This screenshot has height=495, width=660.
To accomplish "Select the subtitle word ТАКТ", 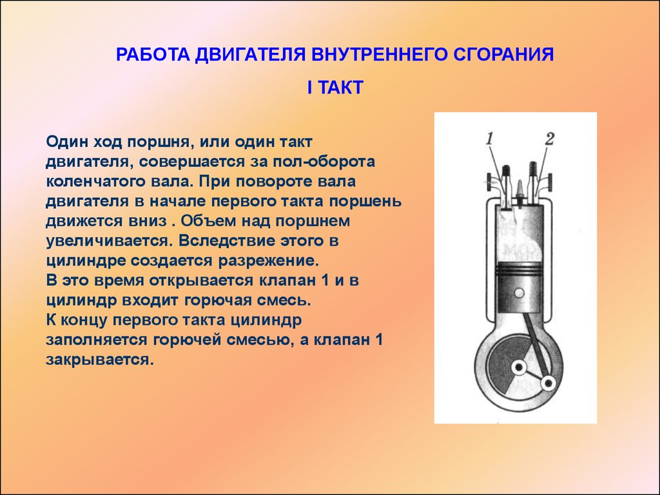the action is pyautogui.click(x=340, y=88).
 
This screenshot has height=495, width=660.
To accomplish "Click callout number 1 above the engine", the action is pyautogui.click(x=489, y=139).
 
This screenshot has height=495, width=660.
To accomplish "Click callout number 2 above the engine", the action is pyautogui.click(x=550, y=139).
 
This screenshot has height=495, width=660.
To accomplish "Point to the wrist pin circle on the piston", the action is pyautogui.click(x=519, y=293).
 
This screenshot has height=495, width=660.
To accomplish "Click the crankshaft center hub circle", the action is pyautogui.click(x=519, y=367).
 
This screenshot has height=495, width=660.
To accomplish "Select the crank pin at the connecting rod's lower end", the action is pyautogui.click(x=548, y=383).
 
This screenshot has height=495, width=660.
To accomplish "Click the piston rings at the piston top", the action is pyautogui.click(x=519, y=269).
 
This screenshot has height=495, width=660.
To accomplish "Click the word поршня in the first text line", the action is pyautogui.click(x=160, y=142).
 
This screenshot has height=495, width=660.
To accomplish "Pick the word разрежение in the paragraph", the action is pyautogui.click(x=269, y=261).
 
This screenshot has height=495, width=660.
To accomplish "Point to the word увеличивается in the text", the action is pyautogui.click(x=110, y=241).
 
